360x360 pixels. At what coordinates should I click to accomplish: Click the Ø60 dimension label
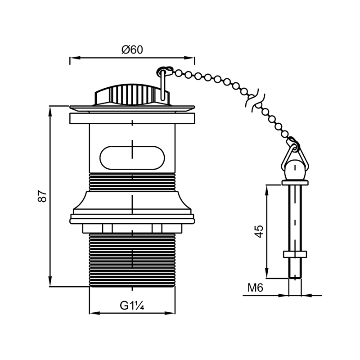click(132, 49)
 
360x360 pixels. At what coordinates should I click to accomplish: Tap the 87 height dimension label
click(42, 196)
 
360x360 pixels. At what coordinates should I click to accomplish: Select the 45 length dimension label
click(259, 231)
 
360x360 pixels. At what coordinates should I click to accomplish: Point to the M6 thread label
click(255, 288)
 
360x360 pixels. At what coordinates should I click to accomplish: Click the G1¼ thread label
click(132, 306)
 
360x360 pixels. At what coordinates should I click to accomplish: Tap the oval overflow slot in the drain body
click(132, 158)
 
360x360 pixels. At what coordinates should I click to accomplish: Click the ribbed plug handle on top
click(132, 95)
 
